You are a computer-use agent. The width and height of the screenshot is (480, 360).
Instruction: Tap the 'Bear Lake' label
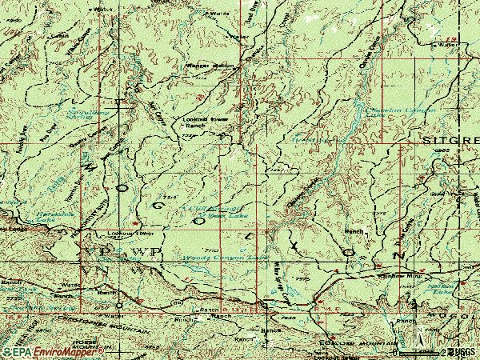217,215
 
